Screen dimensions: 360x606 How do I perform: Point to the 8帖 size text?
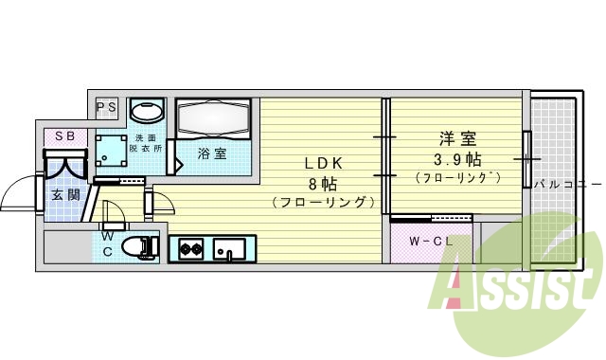pos(322,182)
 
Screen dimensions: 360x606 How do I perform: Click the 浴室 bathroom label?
pos(211,153)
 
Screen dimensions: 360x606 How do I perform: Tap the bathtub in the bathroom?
pos(213,118)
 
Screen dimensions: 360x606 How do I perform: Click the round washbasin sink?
pos(146,111)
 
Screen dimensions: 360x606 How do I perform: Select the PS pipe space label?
pos(106,107)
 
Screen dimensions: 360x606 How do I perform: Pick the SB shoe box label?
pos(64,136)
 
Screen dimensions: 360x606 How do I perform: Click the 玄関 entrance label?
pos(64,196)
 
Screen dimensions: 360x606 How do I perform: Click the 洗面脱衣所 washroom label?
pos(146,143)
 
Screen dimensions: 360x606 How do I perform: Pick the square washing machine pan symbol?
pos(112,151)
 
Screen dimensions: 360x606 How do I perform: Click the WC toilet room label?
pos(108,243)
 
